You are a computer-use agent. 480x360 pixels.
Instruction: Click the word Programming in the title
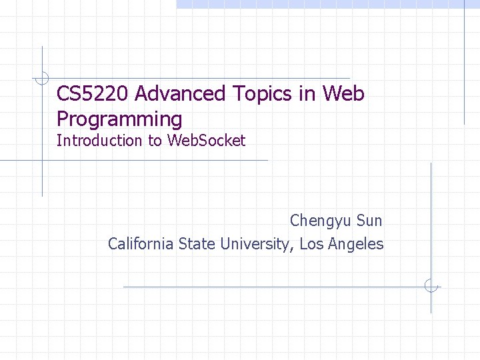click(x=119, y=119)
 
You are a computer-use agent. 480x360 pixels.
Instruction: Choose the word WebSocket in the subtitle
click(x=206, y=141)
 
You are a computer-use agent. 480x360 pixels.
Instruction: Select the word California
click(x=141, y=244)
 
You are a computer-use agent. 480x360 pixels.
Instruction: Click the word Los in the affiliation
click(x=311, y=244)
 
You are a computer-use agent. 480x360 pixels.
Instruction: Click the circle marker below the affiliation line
click(x=431, y=287)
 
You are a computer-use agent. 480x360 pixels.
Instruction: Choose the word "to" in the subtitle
click(x=155, y=141)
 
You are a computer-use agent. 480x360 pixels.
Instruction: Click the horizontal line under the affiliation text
click(x=267, y=287)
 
